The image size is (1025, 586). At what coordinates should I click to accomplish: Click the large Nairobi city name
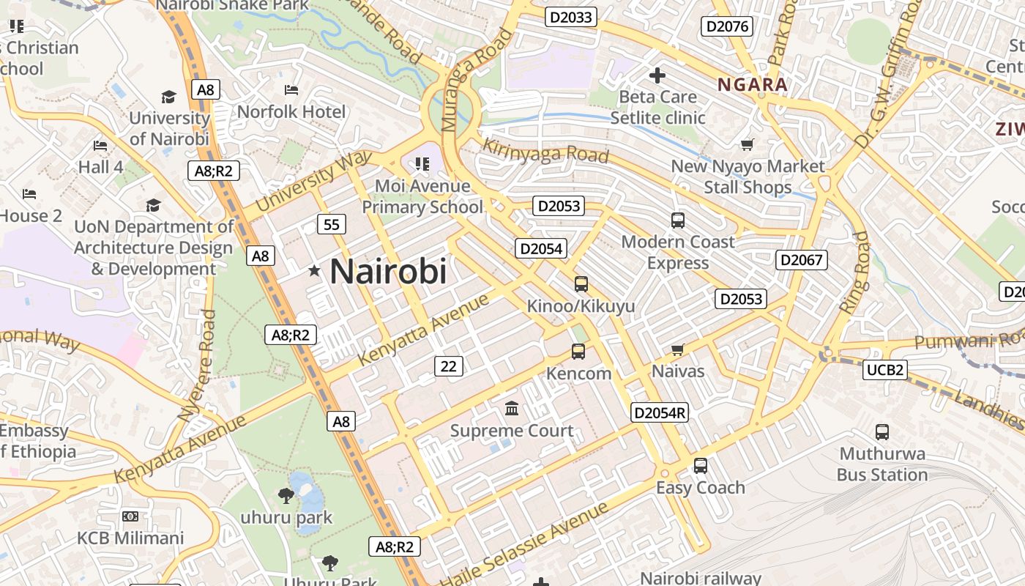[x=388, y=272]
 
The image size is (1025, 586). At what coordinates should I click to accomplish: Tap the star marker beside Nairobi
[x=315, y=271]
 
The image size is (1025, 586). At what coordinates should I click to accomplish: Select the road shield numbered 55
[x=332, y=224]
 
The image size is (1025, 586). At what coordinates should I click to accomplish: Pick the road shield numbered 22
[x=449, y=366]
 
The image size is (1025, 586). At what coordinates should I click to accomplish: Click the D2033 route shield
[x=571, y=17]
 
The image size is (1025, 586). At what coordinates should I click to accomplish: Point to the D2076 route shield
[x=727, y=27]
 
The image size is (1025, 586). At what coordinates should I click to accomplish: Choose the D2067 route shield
[x=802, y=260]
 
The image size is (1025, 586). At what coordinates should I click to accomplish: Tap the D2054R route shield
[x=660, y=412]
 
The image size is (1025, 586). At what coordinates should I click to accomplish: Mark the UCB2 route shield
[x=884, y=370]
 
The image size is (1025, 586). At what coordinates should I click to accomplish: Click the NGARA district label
[x=753, y=84]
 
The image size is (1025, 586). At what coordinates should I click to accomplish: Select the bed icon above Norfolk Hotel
[x=291, y=90]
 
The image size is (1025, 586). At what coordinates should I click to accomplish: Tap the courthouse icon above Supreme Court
[x=512, y=408]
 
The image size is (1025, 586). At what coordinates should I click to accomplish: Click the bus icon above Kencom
[x=578, y=352]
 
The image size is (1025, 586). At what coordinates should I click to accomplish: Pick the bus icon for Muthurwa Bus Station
[x=882, y=432]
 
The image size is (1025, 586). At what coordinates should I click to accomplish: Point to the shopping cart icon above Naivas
[x=678, y=350]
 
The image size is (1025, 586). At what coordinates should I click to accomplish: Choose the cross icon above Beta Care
[x=657, y=75]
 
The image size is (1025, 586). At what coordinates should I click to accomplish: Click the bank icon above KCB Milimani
[x=130, y=516]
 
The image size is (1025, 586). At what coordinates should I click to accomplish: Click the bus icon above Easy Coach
[x=701, y=466]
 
